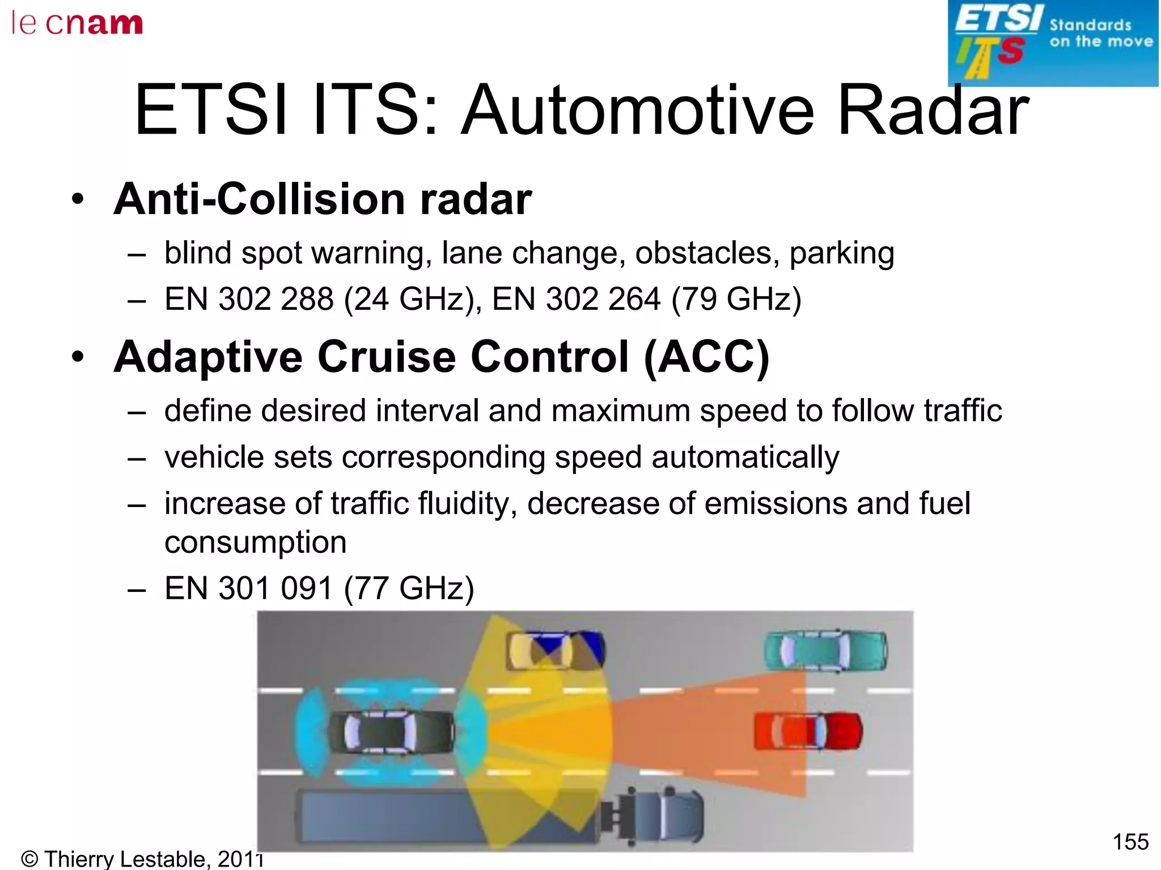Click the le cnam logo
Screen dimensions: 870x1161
77,24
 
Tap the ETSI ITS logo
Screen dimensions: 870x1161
1053,43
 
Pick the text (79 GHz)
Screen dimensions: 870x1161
736,299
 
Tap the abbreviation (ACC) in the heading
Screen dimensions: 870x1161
706,357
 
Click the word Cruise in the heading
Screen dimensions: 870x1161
386,357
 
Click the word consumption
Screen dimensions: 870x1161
255,543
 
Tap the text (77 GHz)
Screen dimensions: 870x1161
409,588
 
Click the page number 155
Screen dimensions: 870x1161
1130,842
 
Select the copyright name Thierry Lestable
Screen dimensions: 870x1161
126,859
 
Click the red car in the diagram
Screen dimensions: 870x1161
808,731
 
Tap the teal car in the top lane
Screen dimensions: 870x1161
825,651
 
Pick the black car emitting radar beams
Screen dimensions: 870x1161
391,731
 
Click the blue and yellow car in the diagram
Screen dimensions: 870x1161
556,651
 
